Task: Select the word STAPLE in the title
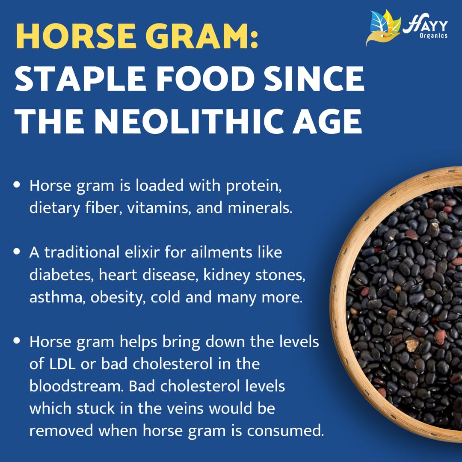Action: click(80, 79)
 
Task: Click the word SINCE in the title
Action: click(314, 79)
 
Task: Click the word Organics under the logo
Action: click(433, 36)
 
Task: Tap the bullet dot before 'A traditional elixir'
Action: click(17, 252)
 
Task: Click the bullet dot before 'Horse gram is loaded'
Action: click(17, 185)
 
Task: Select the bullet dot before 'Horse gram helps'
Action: click(17, 341)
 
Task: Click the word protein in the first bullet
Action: click(253, 187)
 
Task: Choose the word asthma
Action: click(57, 297)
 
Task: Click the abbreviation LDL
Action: click(62, 364)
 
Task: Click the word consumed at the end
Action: click(285, 431)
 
